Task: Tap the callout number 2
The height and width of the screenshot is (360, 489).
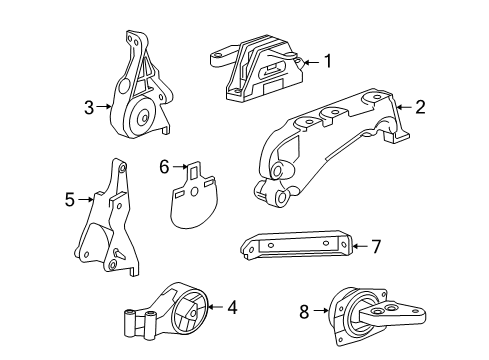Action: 421,106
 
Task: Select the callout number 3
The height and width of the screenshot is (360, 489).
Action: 89,106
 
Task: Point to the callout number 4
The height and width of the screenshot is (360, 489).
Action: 232,308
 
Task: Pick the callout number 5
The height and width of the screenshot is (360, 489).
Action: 70,200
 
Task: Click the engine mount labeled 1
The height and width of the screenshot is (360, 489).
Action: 254,67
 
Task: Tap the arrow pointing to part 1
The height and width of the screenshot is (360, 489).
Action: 309,63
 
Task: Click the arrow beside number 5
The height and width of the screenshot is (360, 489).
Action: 86,200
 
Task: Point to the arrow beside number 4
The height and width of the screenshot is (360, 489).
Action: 215,308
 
